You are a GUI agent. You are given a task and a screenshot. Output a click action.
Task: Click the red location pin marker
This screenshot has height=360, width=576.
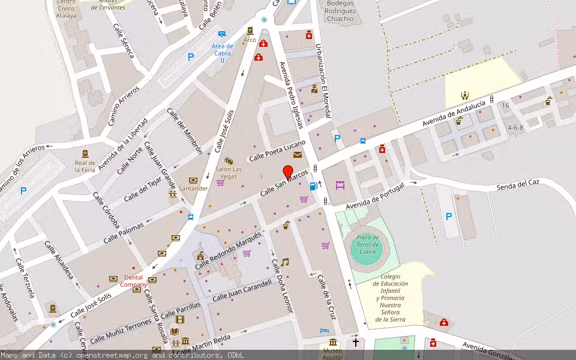(x=288, y=171)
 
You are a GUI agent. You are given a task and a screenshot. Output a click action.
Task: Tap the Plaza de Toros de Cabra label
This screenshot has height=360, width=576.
(x=367, y=244)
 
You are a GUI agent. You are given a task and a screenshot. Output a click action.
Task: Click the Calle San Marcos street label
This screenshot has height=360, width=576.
(x=284, y=182)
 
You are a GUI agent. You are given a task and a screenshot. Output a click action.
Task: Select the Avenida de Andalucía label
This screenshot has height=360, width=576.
(x=454, y=113)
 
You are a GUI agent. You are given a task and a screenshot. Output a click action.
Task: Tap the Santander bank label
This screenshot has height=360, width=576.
(x=193, y=188)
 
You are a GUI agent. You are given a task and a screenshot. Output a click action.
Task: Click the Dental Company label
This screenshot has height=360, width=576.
(x=133, y=280)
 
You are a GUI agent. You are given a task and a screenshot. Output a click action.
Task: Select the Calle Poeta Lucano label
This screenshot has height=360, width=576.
(x=277, y=151)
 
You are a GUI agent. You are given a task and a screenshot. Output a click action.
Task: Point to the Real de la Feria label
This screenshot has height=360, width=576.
(x=85, y=166)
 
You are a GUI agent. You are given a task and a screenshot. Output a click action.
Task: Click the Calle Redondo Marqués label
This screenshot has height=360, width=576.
(x=228, y=249)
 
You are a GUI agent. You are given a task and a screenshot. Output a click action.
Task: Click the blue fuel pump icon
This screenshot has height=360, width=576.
(x=313, y=186)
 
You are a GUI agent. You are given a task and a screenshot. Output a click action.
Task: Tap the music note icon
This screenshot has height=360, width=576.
(x=285, y=262)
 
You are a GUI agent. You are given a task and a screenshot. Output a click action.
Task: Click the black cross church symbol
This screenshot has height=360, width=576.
(x=355, y=343)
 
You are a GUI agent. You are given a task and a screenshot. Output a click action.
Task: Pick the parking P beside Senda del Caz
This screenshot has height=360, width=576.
(x=449, y=217)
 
